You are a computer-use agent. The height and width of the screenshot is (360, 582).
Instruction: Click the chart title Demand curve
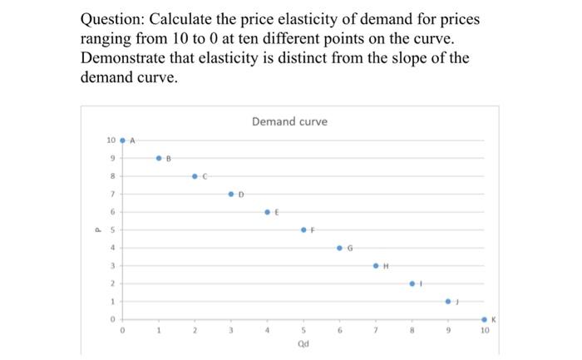[x=289, y=121]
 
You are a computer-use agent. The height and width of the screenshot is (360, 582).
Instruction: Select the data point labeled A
[x=123, y=141]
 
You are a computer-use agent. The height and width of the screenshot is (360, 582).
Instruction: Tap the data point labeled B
[x=159, y=158]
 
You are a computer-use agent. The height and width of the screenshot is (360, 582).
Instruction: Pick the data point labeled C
[x=195, y=176]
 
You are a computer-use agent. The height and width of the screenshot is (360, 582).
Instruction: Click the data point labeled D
[x=231, y=194]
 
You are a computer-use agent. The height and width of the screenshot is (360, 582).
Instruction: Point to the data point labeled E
[x=267, y=212]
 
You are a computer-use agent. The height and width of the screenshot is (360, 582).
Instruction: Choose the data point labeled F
[x=303, y=229]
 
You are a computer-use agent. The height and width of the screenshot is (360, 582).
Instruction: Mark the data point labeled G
[x=339, y=248]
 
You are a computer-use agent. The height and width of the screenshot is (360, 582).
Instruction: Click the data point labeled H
[x=376, y=266]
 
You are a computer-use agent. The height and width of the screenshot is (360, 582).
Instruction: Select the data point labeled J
[x=448, y=301]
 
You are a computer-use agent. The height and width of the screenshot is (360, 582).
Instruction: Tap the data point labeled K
[x=485, y=318]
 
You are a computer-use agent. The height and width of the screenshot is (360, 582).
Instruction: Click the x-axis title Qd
[x=303, y=345]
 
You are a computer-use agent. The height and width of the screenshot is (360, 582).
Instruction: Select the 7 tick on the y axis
[x=112, y=194]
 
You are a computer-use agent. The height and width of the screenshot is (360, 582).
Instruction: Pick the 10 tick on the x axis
[x=485, y=330]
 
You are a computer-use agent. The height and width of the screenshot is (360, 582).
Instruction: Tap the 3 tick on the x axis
[x=231, y=330]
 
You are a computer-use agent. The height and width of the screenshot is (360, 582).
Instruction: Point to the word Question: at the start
[x=117, y=19]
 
